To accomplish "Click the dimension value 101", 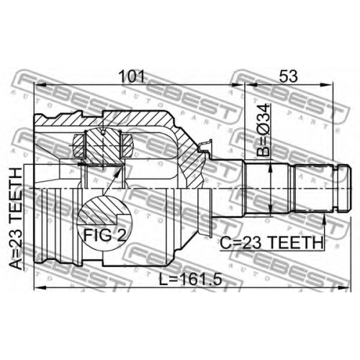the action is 132,76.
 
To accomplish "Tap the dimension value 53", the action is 288,76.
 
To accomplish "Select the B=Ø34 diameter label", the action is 264,130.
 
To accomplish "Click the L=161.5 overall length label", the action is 191,279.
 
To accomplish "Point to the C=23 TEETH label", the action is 271,243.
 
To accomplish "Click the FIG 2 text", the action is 104,235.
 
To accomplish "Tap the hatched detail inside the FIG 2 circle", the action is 99,211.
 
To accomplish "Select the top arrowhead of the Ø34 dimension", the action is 271,168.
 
